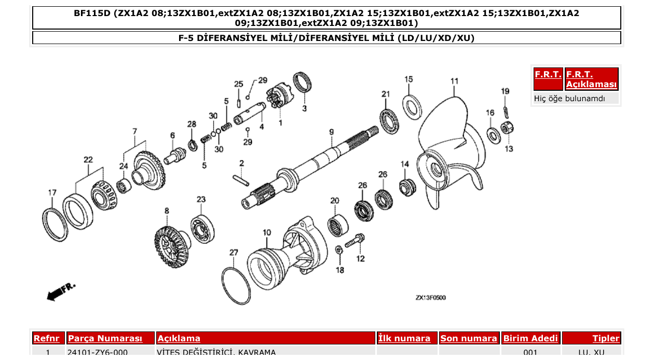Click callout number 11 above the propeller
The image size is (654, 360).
click(x=454, y=81)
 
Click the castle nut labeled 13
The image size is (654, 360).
click(x=507, y=128)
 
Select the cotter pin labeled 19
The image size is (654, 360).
click(x=506, y=110)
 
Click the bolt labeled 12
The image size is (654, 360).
click(x=355, y=241)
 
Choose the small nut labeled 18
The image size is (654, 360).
click(x=338, y=251)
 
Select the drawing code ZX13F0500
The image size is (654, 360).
click(x=430, y=298)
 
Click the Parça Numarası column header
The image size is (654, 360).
click(x=105, y=339)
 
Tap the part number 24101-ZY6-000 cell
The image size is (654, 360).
click(x=98, y=353)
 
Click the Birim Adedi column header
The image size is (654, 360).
click(x=530, y=339)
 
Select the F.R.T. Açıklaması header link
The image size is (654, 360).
click(x=591, y=79)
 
